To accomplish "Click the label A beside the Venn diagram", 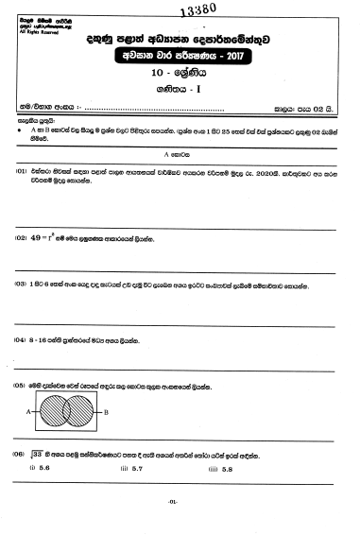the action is (x=31, y=413).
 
